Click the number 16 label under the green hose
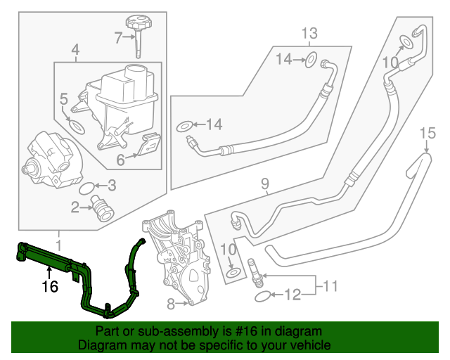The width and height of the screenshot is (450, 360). pyautogui.click(x=48, y=285)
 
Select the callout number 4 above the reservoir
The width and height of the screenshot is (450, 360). pyautogui.click(x=75, y=49)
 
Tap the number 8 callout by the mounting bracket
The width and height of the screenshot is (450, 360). pyautogui.click(x=169, y=304)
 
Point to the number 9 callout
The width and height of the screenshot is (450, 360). pyautogui.click(x=264, y=185)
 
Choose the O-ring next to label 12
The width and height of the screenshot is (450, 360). pyautogui.click(x=260, y=297)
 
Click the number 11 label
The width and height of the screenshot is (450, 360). pyautogui.click(x=330, y=285)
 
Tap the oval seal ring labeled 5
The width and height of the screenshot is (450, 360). pyautogui.click(x=76, y=129)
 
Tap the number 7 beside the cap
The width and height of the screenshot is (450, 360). pyautogui.click(x=118, y=37)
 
